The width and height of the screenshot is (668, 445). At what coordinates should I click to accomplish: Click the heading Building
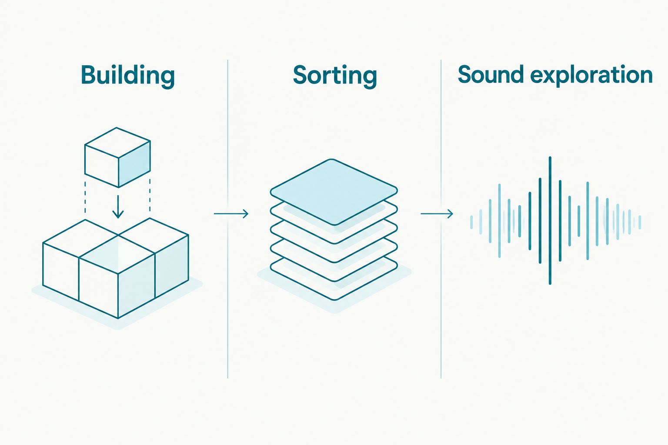pos(127,76)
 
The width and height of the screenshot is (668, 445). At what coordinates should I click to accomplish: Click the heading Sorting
pos(334,76)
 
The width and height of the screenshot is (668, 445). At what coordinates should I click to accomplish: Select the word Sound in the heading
pos(491,74)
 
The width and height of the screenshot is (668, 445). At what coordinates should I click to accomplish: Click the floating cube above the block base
pos(117,157)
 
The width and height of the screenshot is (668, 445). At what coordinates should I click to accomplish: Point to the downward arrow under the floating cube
pos(118,207)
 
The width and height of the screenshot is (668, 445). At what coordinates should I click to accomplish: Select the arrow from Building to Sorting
pos(231,214)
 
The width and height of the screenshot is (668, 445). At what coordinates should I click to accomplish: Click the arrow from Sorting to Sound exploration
pos(437,214)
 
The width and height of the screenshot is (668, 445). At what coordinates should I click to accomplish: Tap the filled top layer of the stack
pos(334,192)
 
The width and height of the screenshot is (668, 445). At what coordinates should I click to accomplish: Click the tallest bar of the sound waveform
pos(550,221)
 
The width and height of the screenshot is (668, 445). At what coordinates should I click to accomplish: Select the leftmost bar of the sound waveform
pos(471,222)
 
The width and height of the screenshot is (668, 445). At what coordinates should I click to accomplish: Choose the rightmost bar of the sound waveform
pos(640,222)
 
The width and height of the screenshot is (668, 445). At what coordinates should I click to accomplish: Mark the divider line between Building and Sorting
pos(228,219)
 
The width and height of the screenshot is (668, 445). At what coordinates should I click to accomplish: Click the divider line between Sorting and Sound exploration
pos(441,219)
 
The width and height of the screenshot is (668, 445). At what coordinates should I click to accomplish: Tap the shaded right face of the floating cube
pos(134,164)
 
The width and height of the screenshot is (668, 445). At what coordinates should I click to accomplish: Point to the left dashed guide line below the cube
pos(85,197)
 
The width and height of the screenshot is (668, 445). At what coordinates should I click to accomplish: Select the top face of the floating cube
pos(117,143)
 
